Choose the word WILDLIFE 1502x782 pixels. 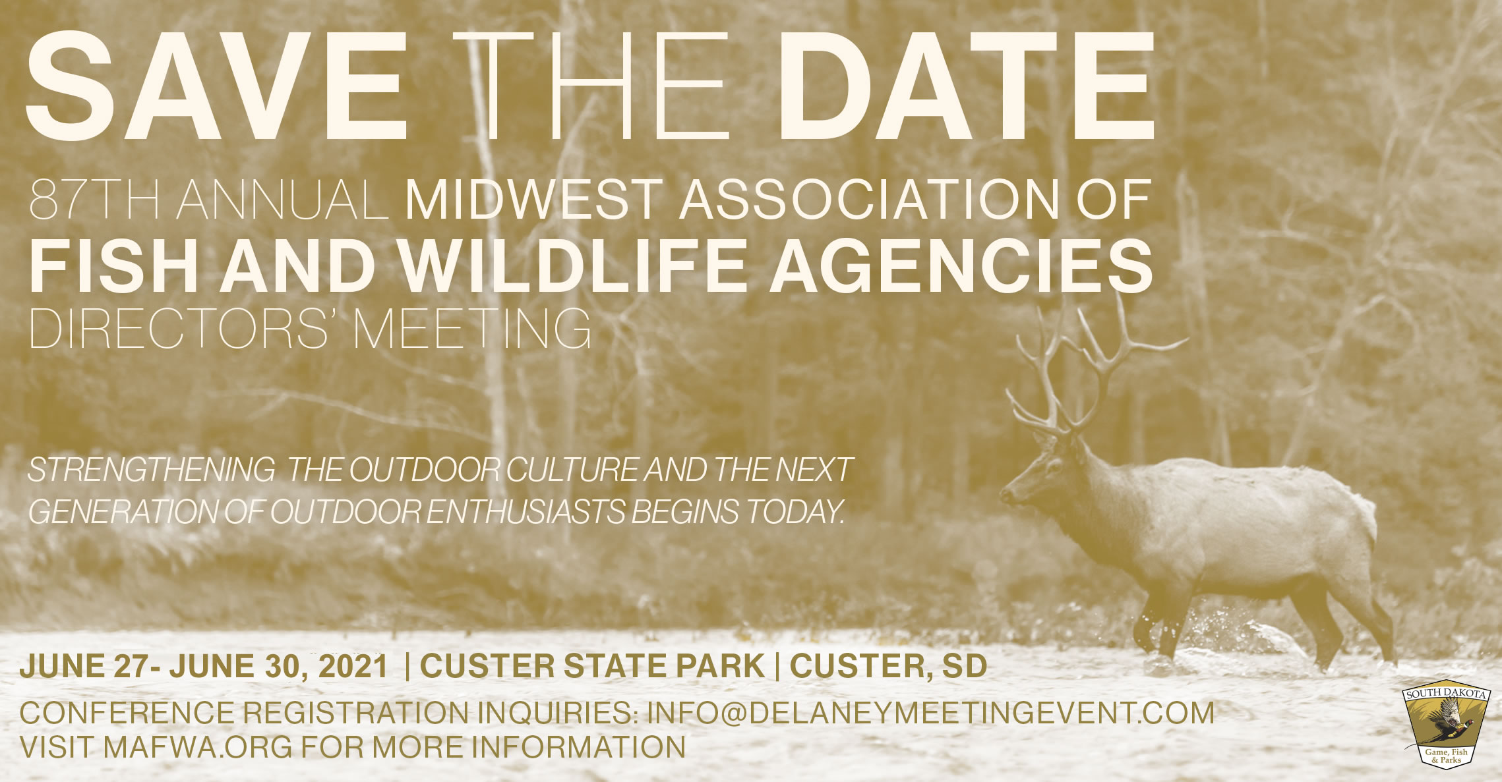(x=573, y=265)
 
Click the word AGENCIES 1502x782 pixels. (x=961, y=265)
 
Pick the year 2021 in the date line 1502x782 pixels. (x=353, y=666)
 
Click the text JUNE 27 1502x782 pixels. (x=85, y=666)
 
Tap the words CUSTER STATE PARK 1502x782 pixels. (x=592, y=666)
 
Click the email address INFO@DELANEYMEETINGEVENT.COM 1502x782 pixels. (x=930, y=713)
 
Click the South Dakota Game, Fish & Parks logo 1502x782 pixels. (x=1447, y=722)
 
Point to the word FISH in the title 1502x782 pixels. (x=113, y=265)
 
